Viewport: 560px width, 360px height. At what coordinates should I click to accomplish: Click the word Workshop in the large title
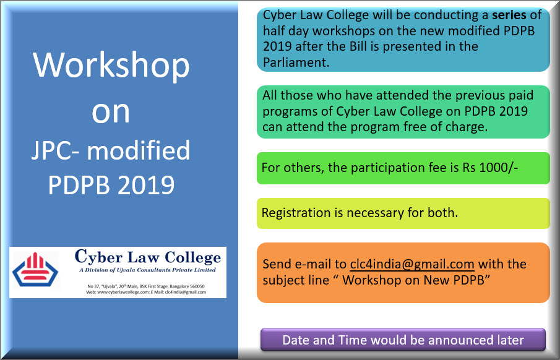111,65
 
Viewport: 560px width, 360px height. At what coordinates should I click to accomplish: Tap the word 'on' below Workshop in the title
111,112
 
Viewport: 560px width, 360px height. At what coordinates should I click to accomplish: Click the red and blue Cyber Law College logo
35,270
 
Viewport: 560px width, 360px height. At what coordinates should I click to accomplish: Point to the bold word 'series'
509,15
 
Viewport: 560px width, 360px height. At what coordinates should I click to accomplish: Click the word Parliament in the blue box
296,62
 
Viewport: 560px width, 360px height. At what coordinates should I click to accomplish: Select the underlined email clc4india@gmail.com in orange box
412,264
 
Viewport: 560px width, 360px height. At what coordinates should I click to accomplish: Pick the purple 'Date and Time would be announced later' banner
403,340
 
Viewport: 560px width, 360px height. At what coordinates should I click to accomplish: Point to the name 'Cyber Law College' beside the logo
148,257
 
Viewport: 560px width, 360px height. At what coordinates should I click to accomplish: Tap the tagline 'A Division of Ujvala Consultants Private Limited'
147,270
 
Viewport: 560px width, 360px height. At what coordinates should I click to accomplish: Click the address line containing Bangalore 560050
146,286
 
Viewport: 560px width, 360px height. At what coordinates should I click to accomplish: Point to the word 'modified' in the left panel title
139,150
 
